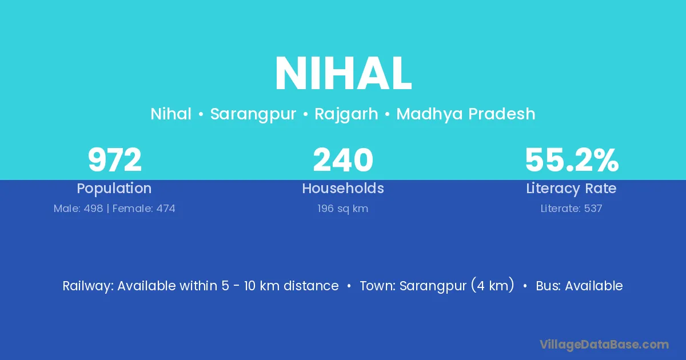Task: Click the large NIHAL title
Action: click(x=343, y=74)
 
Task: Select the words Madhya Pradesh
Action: click(x=466, y=114)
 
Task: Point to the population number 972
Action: click(x=114, y=160)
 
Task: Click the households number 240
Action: click(x=343, y=160)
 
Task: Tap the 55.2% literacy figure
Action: click(x=572, y=160)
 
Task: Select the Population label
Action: click(x=114, y=189)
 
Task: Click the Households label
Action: click(x=343, y=188)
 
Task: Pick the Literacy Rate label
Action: click(x=571, y=189)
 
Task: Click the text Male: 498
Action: click(x=78, y=209)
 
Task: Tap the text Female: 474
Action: click(x=143, y=209)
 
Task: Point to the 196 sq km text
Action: click(x=342, y=209)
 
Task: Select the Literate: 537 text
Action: click(x=571, y=209)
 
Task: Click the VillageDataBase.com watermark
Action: click(x=604, y=345)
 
